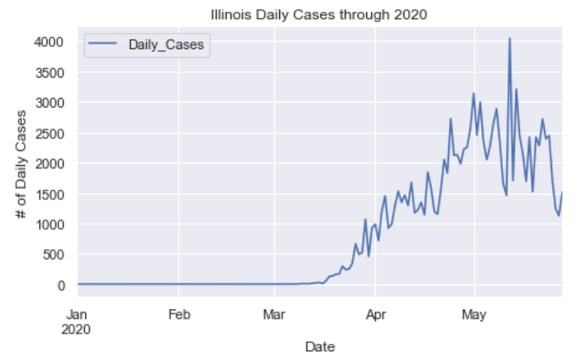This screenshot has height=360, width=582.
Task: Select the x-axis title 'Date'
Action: (320, 345)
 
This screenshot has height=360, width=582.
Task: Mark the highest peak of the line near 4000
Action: (510, 38)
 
